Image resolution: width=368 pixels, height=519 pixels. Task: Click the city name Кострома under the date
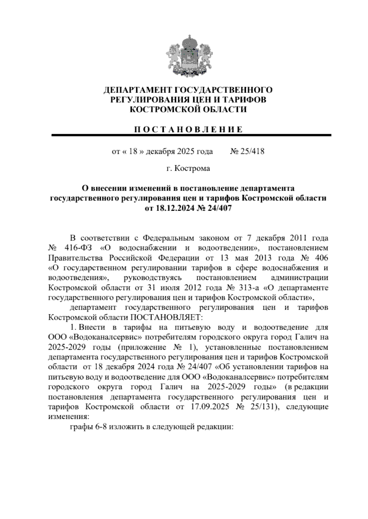pos(192,168)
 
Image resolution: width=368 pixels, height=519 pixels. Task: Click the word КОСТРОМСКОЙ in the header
pos(162,109)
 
